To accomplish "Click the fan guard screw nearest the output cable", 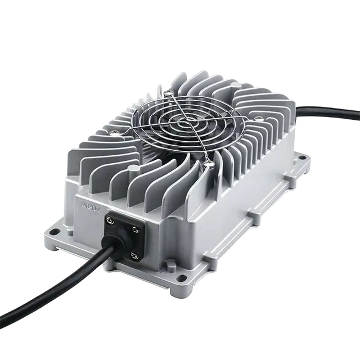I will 258,118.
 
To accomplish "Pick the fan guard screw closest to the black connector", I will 209,163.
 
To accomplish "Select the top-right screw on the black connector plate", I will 139,227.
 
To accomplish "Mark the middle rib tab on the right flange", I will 249,217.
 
